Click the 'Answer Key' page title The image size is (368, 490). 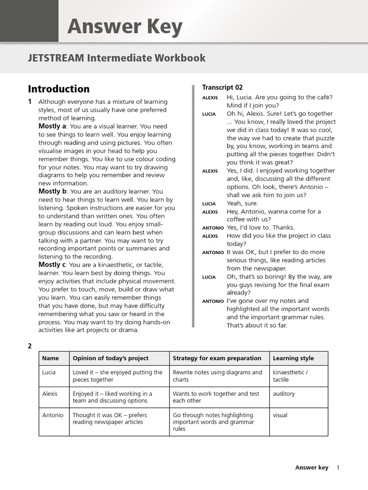[x=125, y=27]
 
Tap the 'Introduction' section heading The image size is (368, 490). [x=58, y=89]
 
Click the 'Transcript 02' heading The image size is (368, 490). [x=222, y=87]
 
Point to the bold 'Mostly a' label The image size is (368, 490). [x=52, y=126]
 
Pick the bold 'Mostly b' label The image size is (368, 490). [x=52, y=191]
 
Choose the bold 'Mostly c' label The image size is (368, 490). [x=52, y=265]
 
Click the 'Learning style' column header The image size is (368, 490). [x=293, y=358]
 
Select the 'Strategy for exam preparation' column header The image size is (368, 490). [x=217, y=358]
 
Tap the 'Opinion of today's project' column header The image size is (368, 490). [x=110, y=358]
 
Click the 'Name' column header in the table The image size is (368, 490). [x=50, y=358]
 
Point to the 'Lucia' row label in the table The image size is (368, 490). [x=49, y=372]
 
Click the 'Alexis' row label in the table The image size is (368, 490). [x=50, y=394]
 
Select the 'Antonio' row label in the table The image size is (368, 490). [x=53, y=415]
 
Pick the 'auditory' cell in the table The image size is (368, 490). [x=284, y=394]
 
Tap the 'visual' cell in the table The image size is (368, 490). [x=280, y=415]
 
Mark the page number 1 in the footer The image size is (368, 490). [x=338, y=468]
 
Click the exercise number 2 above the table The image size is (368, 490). [x=30, y=346]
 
